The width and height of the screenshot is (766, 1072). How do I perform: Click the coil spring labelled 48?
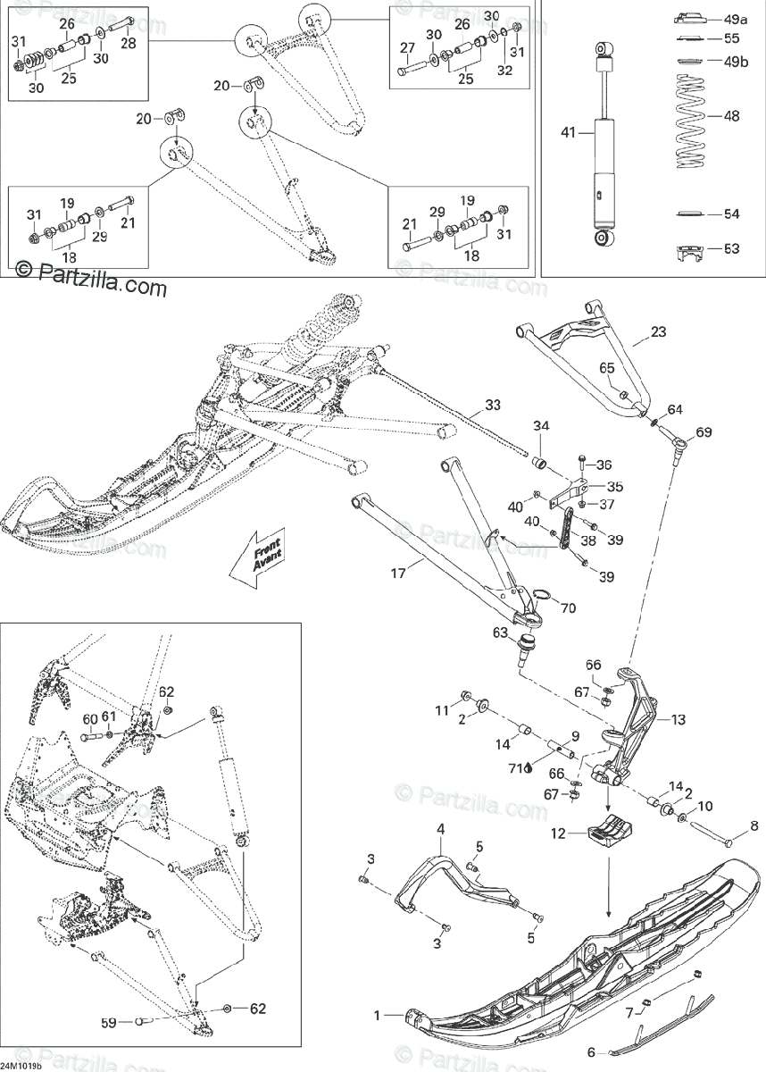(687, 121)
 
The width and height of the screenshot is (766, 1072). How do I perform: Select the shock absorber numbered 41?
(605, 147)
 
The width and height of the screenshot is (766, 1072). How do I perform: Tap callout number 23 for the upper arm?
(658, 332)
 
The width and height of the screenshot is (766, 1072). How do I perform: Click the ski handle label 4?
(440, 830)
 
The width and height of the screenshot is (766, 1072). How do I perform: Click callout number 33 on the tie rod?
(493, 404)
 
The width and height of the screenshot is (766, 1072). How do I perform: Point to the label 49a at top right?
(737, 18)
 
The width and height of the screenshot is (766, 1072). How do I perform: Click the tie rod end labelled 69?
(679, 442)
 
